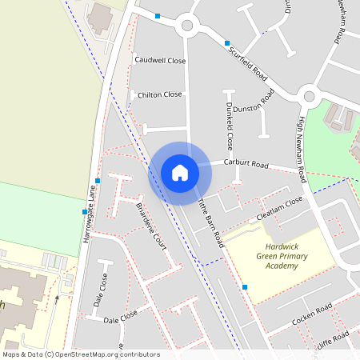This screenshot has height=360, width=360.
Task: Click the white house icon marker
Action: (180, 173)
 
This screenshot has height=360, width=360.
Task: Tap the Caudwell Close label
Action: (160, 61)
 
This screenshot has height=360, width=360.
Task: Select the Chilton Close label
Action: (160, 94)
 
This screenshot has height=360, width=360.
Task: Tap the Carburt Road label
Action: (246, 162)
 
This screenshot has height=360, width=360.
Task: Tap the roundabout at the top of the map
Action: (188, 25)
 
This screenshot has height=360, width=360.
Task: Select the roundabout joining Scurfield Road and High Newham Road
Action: (310, 97)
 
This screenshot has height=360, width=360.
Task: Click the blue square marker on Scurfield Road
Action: (227, 42)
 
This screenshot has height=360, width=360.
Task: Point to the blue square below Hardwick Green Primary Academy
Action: (245, 287)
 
